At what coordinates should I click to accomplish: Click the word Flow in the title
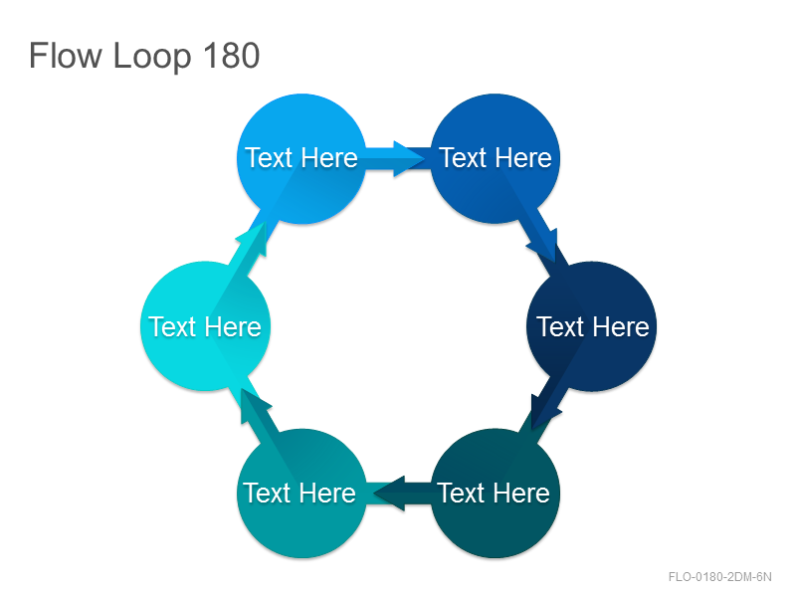66,56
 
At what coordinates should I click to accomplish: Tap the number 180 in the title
232,56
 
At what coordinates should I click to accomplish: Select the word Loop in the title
152,58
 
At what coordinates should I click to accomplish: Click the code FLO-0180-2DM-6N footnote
719,577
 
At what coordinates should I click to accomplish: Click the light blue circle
301,158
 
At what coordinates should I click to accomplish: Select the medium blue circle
495,158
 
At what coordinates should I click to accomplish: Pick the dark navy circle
592,326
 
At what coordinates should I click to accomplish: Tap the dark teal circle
495,494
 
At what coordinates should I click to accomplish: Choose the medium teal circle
301,494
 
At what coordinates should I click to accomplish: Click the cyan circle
205,326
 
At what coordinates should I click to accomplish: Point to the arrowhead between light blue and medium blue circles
409,159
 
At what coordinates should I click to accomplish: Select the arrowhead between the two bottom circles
389,493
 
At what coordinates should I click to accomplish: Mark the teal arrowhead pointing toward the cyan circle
254,404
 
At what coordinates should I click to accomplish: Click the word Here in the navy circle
622,326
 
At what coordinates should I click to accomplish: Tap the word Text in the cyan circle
171,326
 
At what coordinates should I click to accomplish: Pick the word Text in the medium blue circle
463,157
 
